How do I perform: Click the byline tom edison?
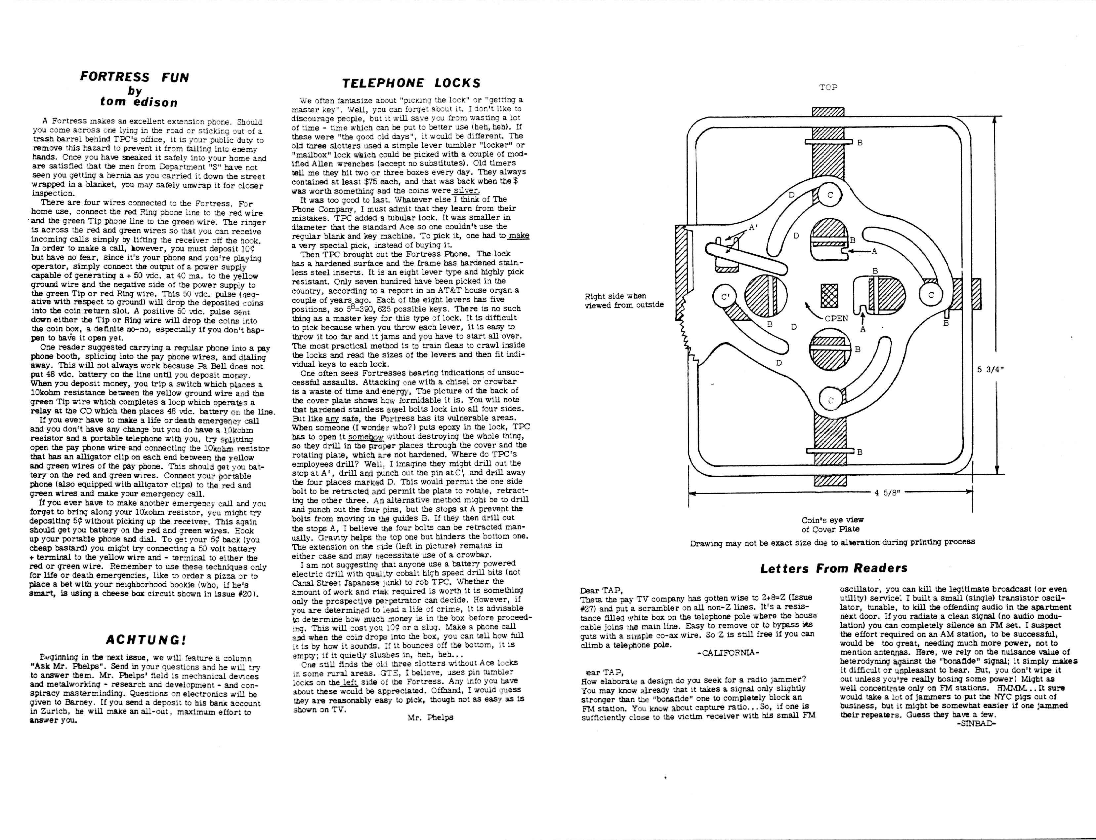coord(139,102)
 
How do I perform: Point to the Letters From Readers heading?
coord(833,568)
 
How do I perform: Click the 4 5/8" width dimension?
coord(888,493)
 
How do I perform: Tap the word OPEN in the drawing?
coord(836,318)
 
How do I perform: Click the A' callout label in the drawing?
coord(753,228)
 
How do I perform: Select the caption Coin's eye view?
coord(832,520)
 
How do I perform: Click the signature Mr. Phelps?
coord(430,717)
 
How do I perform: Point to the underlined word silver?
coord(466,191)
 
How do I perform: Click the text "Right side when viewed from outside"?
coord(623,300)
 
